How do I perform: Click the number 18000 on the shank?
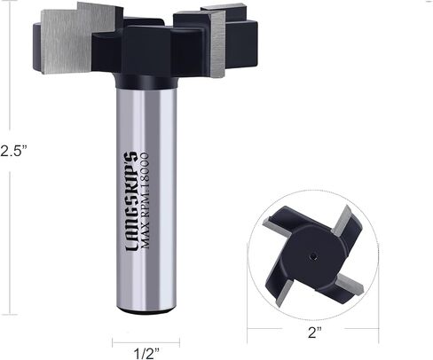coord(144,172)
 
